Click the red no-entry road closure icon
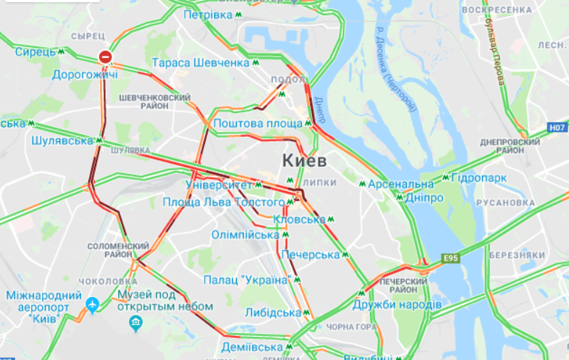pyautogui.click(x=106, y=56)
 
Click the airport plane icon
pyautogui.click(x=92, y=306)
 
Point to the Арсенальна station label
pyautogui.click(x=400, y=184)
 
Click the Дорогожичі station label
pyautogui.click(x=85, y=73)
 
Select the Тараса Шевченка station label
pyautogui.click(x=201, y=63)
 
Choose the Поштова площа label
pyautogui.click(x=257, y=123)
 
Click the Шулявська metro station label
pyautogui.click(x=63, y=141)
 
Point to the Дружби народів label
pyautogui.click(x=397, y=304)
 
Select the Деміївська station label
pyautogui.click(x=251, y=346)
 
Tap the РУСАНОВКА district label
pyautogui.click(x=515, y=202)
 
